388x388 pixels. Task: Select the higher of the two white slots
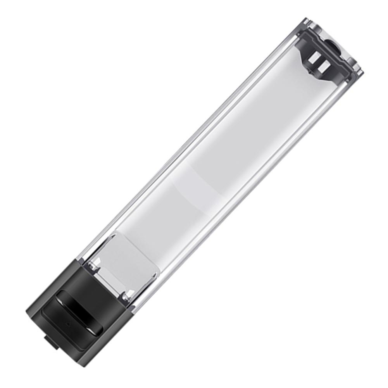pyautogui.click(x=314, y=57)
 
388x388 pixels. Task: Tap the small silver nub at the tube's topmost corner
pyautogui.click(x=306, y=19)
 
